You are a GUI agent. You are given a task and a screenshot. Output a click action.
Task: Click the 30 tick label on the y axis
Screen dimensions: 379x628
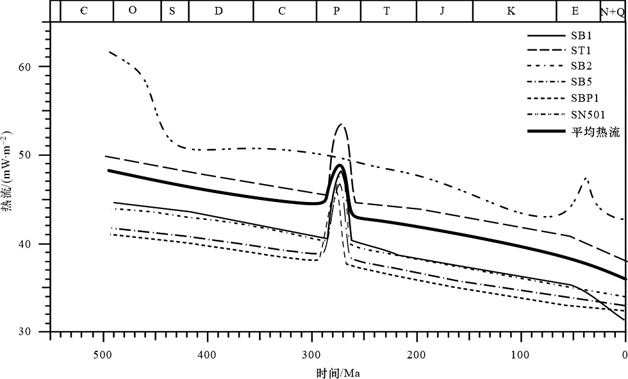(33, 332)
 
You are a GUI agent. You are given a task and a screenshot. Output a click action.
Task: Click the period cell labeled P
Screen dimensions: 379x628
(338, 11)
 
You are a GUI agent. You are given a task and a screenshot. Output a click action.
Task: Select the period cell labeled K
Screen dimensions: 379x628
(510, 11)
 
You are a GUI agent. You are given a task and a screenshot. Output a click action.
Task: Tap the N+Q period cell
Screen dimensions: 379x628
(613, 11)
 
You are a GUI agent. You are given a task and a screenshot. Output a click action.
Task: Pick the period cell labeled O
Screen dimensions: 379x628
(133, 11)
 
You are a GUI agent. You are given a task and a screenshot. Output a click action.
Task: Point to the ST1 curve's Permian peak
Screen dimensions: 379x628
(342, 124)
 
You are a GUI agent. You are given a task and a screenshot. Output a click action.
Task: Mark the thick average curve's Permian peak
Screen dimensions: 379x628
(340, 165)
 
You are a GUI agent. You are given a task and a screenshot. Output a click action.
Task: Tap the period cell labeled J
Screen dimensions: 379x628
(442, 11)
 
